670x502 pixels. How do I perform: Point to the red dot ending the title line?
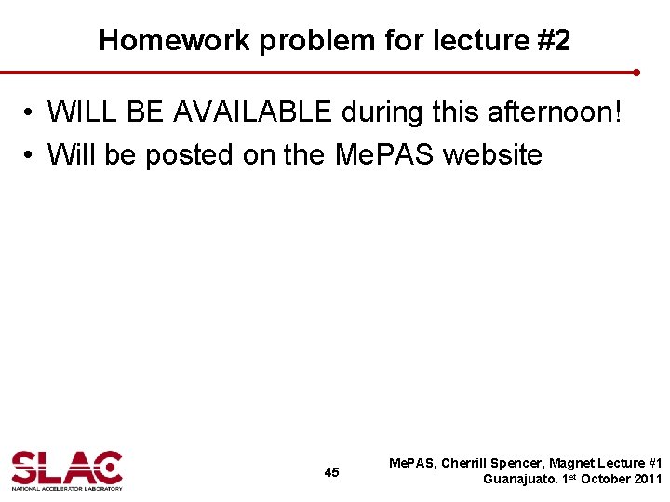point(636,72)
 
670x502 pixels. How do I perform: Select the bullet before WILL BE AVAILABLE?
point(31,113)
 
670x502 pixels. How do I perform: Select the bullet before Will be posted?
point(31,155)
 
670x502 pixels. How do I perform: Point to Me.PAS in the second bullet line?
point(384,154)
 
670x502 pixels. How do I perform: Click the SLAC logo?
point(67,469)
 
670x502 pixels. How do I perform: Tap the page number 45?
point(331,472)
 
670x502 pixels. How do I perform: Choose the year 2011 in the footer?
point(646,480)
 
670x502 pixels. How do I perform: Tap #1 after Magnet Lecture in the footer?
point(653,463)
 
